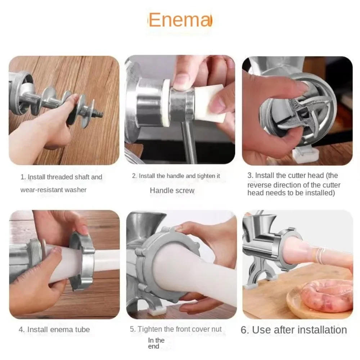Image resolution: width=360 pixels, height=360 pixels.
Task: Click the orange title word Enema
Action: click(x=180, y=20)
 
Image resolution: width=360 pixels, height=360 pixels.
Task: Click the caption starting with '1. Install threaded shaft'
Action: click(x=61, y=177)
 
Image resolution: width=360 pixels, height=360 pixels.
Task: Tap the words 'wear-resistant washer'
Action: click(x=53, y=190)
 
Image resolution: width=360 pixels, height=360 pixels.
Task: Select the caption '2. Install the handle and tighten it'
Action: click(x=176, y=176)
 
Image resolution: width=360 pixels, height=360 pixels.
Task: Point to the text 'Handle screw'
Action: click(x=172, y=190)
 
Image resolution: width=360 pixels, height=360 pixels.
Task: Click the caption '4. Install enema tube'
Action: click(x=54, y=329)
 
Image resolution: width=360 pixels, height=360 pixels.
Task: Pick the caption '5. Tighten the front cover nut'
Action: click(x=176, y=329)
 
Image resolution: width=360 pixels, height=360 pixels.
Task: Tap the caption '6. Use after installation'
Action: click(x=293, y=330)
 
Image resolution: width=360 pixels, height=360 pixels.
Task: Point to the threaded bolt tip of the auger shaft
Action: click(x=97, y=114)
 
